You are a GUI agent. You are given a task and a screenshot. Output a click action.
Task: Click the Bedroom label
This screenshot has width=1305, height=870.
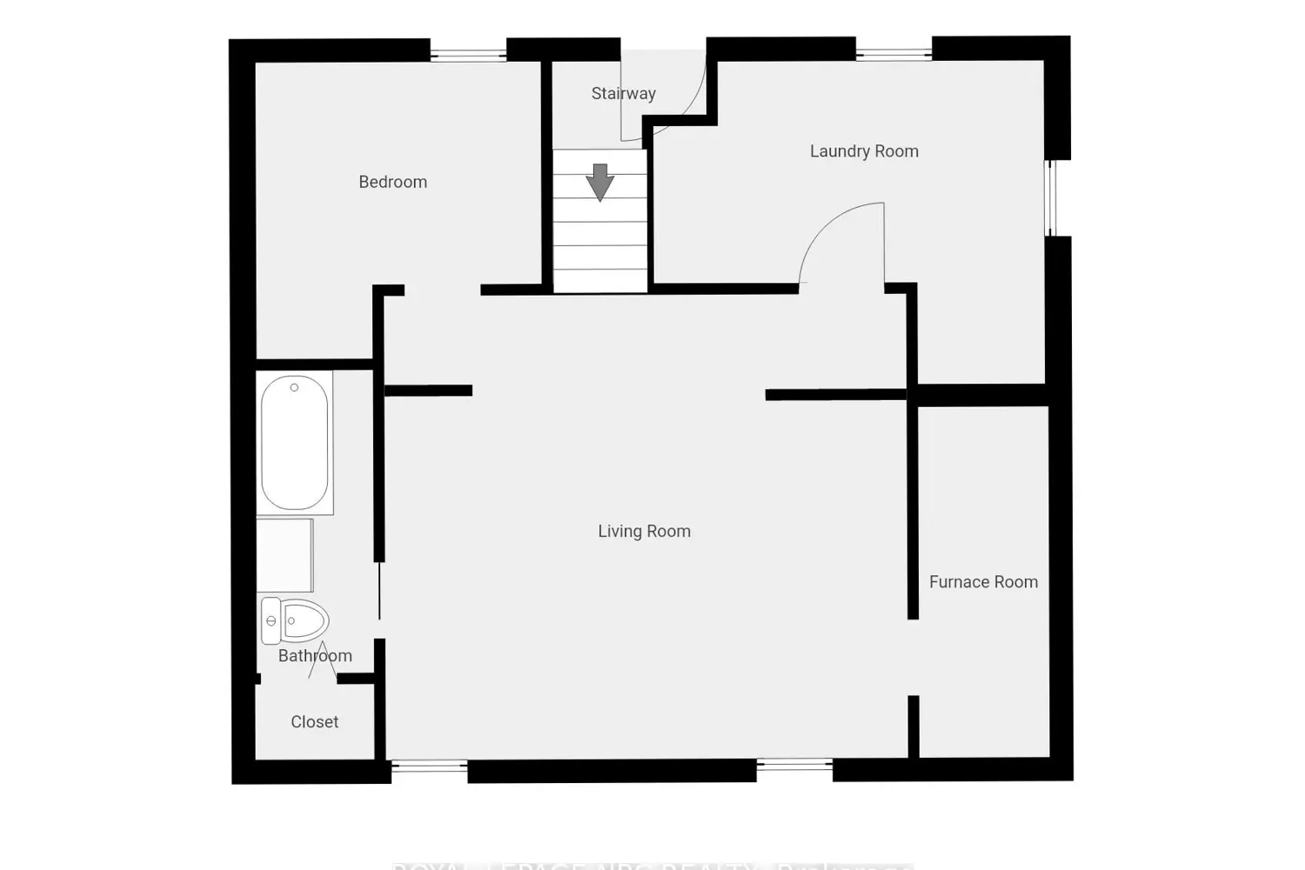pos(392,182)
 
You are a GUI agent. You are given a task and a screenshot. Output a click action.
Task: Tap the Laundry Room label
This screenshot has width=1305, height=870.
pos(864,151)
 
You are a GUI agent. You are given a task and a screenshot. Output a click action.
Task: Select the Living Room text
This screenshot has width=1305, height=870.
pos(644,532)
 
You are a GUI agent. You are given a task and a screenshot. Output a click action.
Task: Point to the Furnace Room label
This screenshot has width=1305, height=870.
pos(983,582)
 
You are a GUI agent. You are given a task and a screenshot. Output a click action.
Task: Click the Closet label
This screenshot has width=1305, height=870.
pos(314,722)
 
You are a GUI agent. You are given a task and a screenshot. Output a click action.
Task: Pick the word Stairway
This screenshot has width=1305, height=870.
pos(623,93)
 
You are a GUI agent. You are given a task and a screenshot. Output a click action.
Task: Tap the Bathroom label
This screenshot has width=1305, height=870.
pos(315,656)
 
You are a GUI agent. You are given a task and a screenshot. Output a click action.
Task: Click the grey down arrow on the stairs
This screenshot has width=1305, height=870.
pos(600,182)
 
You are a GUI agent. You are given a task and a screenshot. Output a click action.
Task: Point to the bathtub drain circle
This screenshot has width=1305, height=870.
pos(294,388)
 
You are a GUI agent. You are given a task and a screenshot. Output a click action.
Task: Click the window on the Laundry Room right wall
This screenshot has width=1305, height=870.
pos(1051,197)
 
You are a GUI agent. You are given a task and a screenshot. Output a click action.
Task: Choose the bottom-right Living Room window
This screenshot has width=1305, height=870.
pos(794,766)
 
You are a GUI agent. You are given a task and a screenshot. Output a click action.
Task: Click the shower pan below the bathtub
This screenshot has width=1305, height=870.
pos(284,555)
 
